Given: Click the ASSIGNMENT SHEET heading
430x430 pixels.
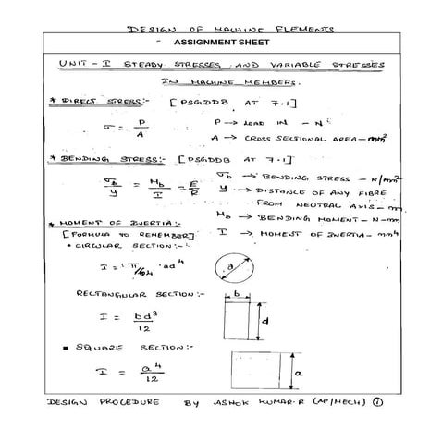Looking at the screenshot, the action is (x=215, y=43).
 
